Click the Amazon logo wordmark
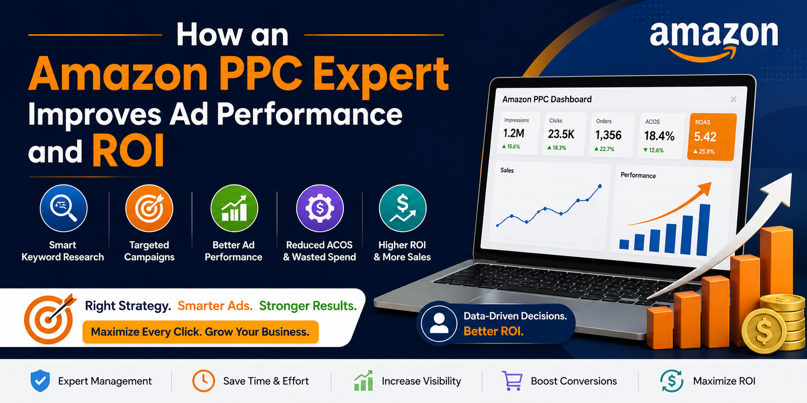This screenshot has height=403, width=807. coord(714,34)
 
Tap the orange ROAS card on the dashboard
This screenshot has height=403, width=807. coord(711,137)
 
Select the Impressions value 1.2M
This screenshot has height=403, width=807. coord(513,133)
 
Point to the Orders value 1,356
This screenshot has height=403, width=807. coord(608,136)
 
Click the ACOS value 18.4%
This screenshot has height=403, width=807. coord(659,136)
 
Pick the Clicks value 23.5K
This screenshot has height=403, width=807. coord(561,134)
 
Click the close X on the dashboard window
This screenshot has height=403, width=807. coord(733,99)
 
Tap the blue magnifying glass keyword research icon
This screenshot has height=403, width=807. coord(64,208)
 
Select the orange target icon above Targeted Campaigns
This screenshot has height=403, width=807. coord(149,208)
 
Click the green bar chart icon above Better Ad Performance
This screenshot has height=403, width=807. coord(234,208)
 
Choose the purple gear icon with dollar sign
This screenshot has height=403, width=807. coord(320,208)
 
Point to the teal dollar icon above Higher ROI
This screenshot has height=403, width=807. coord(402,208)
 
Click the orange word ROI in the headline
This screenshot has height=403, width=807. coord(128,151)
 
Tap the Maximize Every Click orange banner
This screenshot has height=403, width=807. coord(200,332)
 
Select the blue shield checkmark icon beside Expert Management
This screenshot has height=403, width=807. coord(40,381)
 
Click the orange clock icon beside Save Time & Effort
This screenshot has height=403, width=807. coord(204,381)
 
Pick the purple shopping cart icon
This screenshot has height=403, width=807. coord(512,381)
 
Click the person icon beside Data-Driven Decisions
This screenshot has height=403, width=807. coord(439,323)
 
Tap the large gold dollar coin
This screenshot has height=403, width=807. coord(764,331)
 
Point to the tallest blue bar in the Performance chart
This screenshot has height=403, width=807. coord(703,230)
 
